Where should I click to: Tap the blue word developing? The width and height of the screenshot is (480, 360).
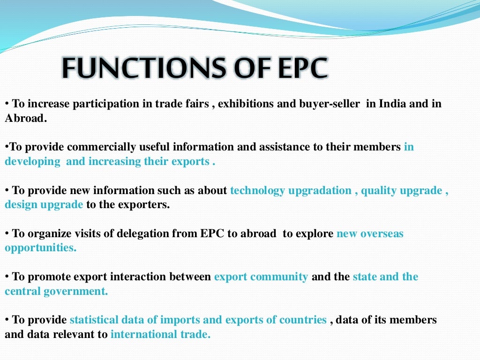pyautogui.click(x=32, y=162)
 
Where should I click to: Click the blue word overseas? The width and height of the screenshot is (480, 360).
pyautogui.click(x=382, y=233)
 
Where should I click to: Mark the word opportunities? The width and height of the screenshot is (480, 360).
pyautogui.click(x=40, y=248)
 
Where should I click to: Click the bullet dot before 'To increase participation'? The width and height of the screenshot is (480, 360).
pyautogui.click(x=7, y=104)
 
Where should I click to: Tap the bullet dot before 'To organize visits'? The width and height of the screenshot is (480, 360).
pyautogui.click(x=7, y=234)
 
